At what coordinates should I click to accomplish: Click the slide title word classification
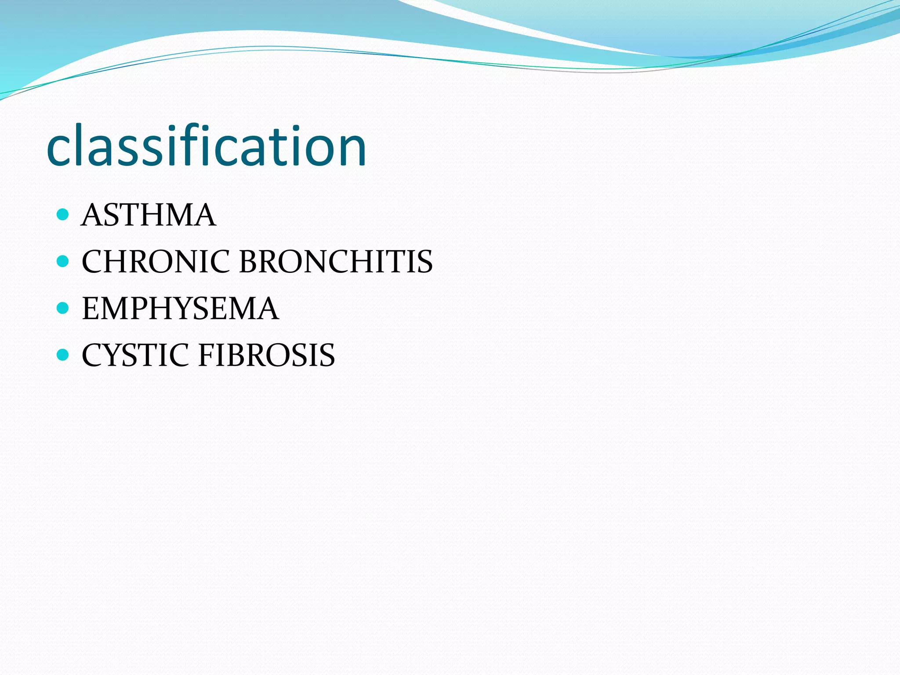[206, 146]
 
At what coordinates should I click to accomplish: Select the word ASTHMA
[149, 215]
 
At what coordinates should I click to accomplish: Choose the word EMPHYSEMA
[180, 308]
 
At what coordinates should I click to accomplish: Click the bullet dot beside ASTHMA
[63, 214]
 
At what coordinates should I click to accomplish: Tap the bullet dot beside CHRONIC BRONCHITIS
[63, 261]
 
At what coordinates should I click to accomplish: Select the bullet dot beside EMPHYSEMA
[63, 308]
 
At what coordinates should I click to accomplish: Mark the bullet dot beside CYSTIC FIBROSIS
[63, 355]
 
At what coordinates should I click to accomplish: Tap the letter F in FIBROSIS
[207, 355]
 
